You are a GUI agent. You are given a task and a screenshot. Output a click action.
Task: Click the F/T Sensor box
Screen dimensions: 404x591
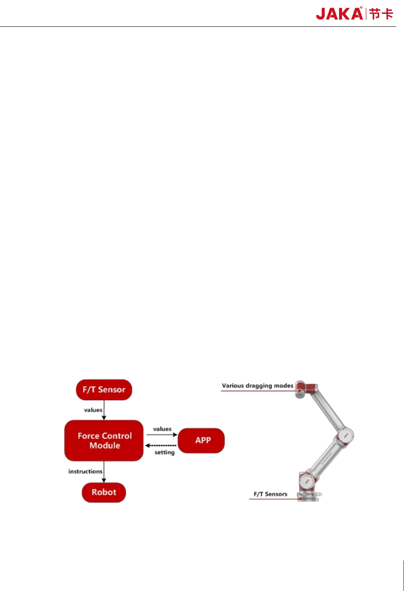click(x=104, y=389)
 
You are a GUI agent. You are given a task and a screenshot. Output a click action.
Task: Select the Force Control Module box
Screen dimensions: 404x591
click(x=104, y=440)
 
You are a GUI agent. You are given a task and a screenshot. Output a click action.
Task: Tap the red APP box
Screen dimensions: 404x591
click(x=202, y=440)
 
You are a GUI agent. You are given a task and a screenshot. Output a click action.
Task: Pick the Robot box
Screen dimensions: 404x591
click(x=104, y=492)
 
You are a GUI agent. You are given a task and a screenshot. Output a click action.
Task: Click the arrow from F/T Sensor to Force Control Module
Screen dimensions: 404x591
click(x=104, y=410)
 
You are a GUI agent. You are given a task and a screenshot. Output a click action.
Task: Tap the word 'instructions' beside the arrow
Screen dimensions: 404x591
click(x=85, y=471)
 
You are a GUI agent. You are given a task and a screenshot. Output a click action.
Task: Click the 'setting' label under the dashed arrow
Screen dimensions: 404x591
click(x=165, y=452)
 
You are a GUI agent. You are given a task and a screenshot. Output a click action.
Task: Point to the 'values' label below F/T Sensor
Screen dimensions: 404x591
click(x=93, y=410)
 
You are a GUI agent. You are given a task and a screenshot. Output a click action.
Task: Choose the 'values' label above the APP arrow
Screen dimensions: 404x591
click(x=162, y=429)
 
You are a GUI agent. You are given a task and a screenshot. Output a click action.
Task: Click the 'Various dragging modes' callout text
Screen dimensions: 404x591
click(x=257, y=385)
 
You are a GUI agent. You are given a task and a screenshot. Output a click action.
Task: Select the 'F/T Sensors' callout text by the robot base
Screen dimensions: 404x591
click(x=270, y=494)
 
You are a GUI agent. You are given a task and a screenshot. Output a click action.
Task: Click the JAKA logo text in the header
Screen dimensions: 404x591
click(x=339, y=14)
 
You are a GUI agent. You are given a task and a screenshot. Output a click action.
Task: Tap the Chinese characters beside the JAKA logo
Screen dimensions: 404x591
click(x=382, y=14)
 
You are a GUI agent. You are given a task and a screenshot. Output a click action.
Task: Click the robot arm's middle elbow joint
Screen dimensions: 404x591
click(x=345, y=435)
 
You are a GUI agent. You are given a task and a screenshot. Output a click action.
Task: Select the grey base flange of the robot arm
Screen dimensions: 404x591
click(x=308, y=496)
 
